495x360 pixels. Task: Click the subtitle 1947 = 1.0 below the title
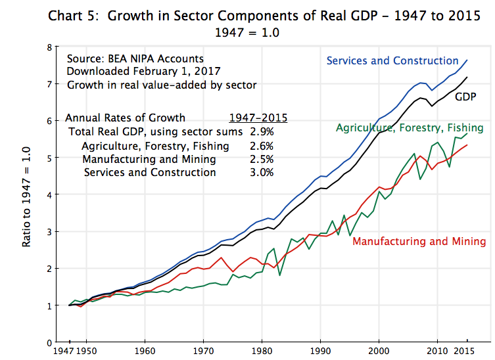pos(247,31)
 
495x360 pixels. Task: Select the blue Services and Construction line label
pos(392,61)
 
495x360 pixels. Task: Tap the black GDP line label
pos(465,97)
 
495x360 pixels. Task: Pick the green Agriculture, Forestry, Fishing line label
pos(410,127)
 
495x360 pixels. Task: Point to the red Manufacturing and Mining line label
pos(419,241)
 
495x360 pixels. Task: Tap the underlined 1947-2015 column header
pos(258,118)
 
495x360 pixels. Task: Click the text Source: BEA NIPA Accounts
pos(135,58)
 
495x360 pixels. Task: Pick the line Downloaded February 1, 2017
pos(143,71)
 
